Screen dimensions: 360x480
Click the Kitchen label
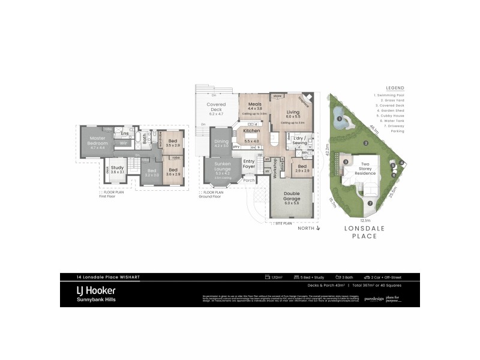(x=251, y=130)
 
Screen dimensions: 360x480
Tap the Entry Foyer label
(x=248, y=163)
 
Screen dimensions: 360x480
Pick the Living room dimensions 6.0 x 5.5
(x=292, y=116)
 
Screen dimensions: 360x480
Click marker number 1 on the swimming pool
(x=339, y=119)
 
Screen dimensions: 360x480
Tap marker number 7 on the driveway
(x=370, y=203)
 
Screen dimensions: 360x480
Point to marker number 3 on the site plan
(x=346, y=161)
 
